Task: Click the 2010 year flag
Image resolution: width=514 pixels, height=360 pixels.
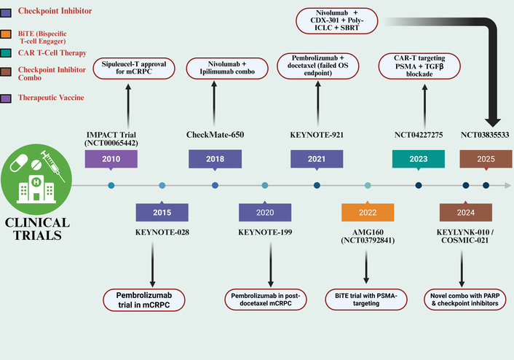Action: (111, 160)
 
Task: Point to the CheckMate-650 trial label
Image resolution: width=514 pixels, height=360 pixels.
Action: (215, 134)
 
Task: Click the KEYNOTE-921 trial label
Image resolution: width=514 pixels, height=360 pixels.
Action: (317, 134)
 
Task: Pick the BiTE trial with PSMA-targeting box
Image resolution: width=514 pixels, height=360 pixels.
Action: (367, 300)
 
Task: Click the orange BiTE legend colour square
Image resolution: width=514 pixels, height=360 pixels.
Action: (7, 34)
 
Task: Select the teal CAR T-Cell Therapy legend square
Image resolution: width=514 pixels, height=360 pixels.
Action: (7, 53)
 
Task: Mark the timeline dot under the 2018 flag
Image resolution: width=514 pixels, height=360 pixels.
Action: (215, 186)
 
